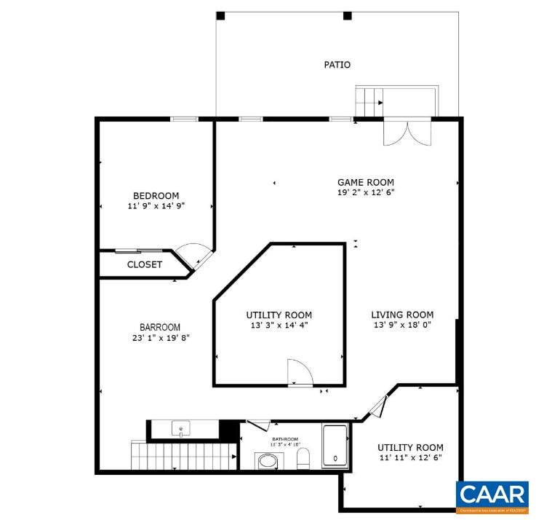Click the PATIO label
pos(337,65)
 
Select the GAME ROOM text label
pos(365,182)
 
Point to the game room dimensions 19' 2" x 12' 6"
pos(365,193)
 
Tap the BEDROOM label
pos(156,195)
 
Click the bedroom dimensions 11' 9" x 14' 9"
pos(156,206)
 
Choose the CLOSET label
pos(145,264)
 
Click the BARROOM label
pos(160,327)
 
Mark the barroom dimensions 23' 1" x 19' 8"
pos(160,338)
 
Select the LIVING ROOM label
pos(403,315)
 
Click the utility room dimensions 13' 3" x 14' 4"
pos(279,326)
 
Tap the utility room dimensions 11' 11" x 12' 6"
pos(410,457)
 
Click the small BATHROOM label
pos(285,440)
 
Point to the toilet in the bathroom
pos(305,458)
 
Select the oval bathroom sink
pos(268,461)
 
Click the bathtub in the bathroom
pos(335,445)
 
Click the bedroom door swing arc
pos(194,253)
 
